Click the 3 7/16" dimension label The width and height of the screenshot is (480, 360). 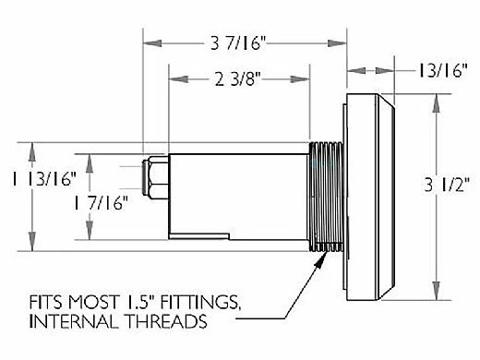[238, 43]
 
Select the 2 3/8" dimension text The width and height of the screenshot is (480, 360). [238, 79]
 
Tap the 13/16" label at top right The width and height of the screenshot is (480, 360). [443, 71]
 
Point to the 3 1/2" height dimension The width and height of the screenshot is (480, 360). [447, 185]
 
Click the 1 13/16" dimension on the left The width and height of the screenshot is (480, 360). [43, 179]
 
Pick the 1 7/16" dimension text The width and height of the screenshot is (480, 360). [101, 203]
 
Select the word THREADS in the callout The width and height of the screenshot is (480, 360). [167, 321]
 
